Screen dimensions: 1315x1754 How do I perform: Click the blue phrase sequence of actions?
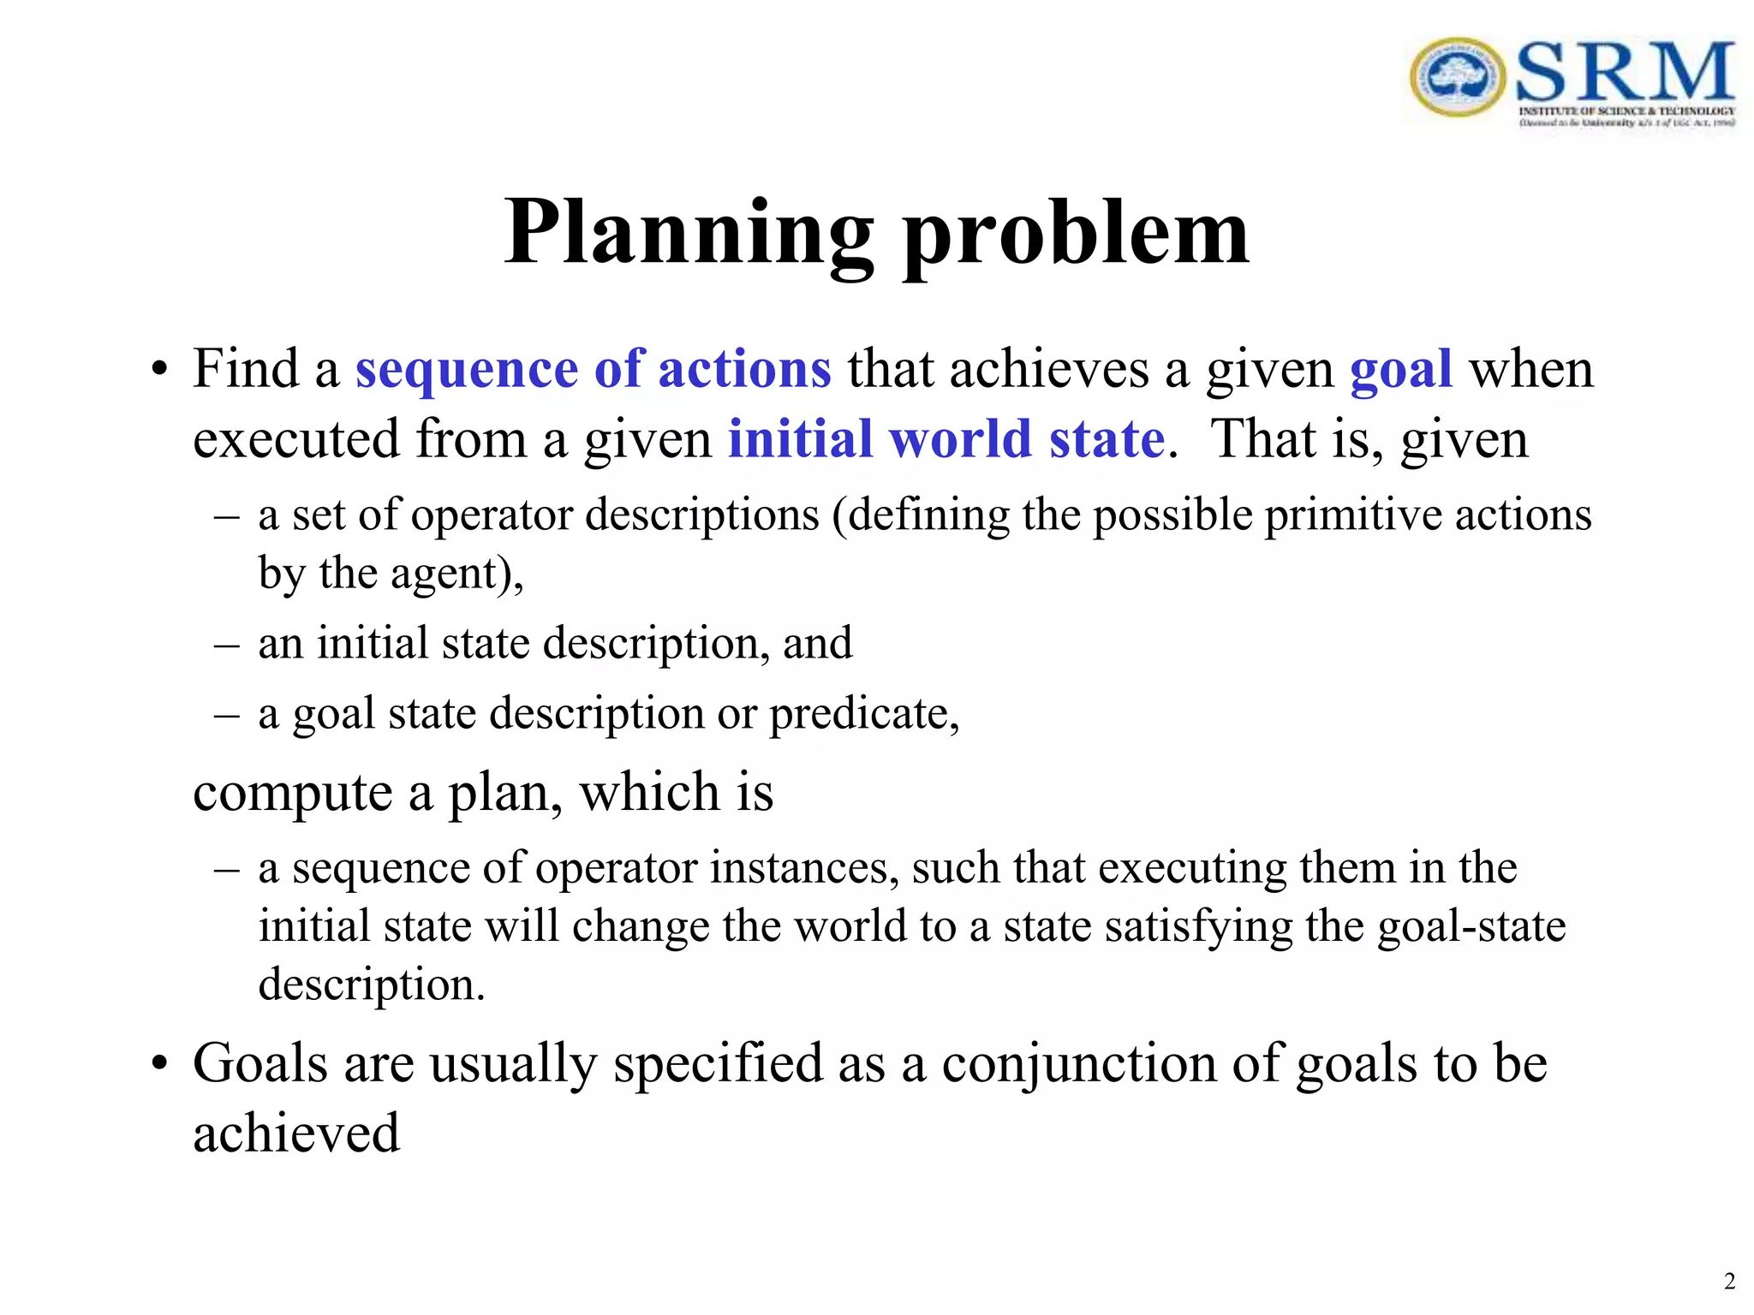click(593, 369)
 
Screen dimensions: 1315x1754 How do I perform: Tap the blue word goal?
click(1400, 369)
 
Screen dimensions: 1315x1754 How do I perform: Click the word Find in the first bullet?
click(245, 369)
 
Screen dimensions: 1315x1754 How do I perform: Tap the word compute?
click(291, 792)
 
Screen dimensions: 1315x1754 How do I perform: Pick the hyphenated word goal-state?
click(1471, 926)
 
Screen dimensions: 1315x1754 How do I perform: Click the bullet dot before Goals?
click(158, 1065)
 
